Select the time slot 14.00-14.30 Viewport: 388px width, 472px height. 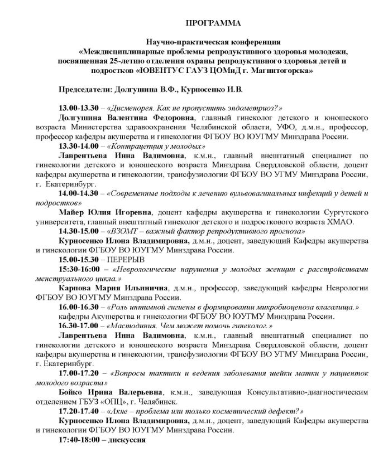[x=78, y=193]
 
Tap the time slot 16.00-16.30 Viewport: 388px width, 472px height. [x=78, y=307]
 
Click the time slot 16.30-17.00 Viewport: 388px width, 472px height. [x=78, y=325]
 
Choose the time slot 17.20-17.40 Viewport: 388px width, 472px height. [x=78, y=410]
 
